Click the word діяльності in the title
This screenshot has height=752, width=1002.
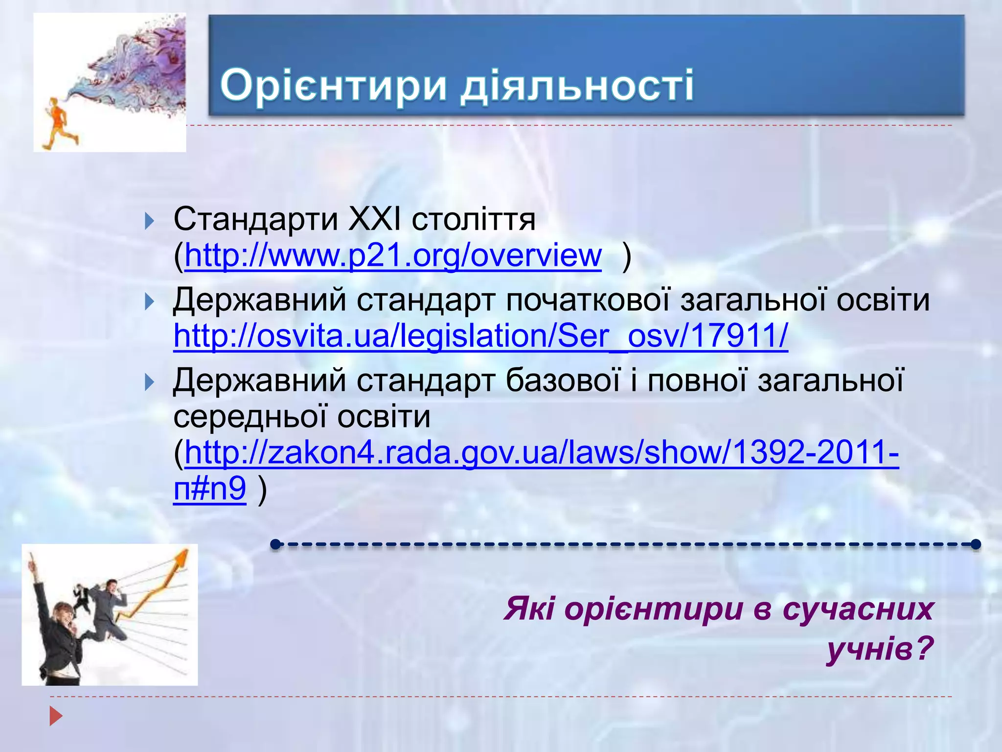tap(577, 85)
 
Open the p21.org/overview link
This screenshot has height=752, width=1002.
tap(393, 256)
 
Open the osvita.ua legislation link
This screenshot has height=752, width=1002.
tap(481, 336)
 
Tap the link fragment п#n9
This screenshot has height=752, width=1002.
tap(210, 488)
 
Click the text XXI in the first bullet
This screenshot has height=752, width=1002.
tap(374, 220)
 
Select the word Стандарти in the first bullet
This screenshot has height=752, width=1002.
tap(255, 220)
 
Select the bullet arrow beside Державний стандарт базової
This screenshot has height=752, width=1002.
tap(150, 382)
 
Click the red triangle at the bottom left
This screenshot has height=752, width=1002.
tap(56, 716)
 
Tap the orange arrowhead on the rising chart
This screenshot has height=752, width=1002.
tap(182, 558)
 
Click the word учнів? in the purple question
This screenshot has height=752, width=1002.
tap(880, 649)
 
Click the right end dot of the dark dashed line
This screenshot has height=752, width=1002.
tap(976, 544)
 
